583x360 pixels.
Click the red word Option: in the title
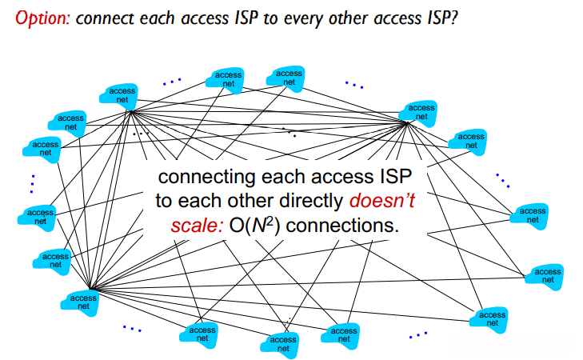point(42,18)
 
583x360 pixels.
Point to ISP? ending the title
point(442,18)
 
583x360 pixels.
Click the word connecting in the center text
point(206,177)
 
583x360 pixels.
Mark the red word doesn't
point(381,201)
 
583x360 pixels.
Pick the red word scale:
point(197,226)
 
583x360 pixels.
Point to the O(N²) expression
point(254,226)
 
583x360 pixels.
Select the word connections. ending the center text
point(342,226)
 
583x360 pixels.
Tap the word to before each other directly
point(164,202)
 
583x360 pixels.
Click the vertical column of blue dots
point(32,184)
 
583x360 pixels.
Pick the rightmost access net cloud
point(545,276)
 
